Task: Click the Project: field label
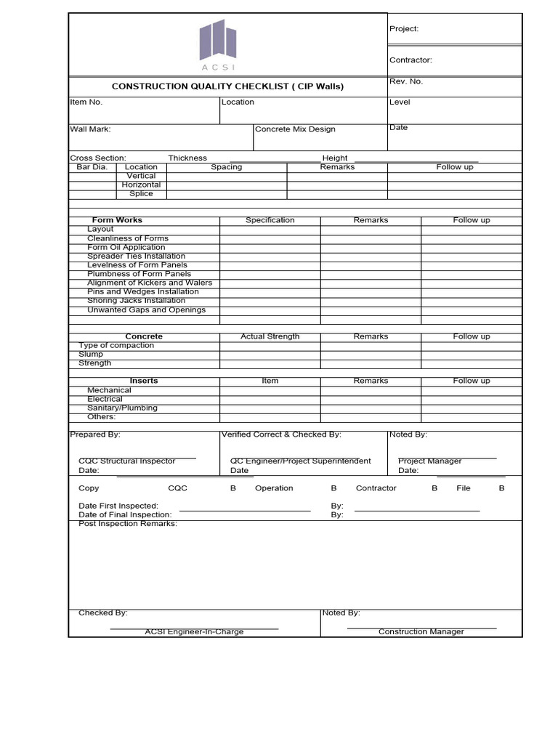click(404, 29)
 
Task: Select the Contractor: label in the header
click(411, 60)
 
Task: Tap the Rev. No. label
click(406, 81)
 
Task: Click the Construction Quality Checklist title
click(227, 86)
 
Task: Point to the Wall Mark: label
click(90, 129)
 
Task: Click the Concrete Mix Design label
click(296, 129)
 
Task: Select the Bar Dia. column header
click(92, 167)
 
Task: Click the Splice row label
click(141, 194)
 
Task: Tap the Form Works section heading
click(117, 220)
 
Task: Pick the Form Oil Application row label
click(126, 248)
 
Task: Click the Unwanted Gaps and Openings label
click(146, 310)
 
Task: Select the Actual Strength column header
click(270, 336)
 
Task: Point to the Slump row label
click(91, 355)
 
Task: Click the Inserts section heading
click(144, 381)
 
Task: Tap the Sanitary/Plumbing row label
click(122, 408)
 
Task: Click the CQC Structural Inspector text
click(127, 461)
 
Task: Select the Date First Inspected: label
click(118, 506)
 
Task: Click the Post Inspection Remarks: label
click(128, 524)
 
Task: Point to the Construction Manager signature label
click(421, 632)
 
